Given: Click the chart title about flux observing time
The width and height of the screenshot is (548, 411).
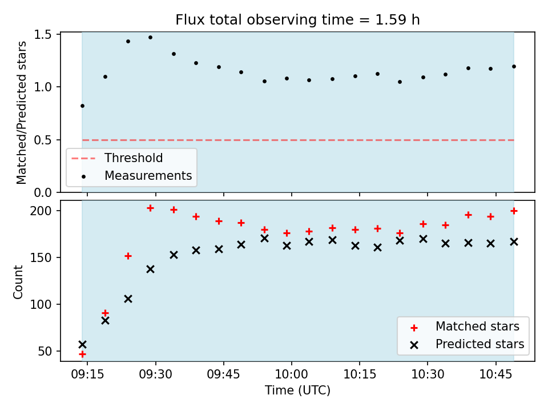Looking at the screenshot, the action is point(297,19).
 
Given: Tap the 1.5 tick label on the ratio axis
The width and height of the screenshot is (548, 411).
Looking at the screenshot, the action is point(43,35).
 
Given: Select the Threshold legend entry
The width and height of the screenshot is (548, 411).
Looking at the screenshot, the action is point(117,158).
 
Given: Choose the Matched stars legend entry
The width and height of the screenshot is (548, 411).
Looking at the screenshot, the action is point(465,327).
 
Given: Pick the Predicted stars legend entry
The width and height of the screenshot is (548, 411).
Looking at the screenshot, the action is point(467,344).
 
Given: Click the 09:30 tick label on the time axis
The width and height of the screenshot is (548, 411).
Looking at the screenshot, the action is point(155,374).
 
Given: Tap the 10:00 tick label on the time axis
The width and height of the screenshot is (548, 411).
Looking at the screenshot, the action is point(292,374).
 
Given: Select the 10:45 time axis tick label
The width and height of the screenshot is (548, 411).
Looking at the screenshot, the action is point(495,374).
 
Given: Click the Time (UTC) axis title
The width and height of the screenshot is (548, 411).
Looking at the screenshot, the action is point(297,390).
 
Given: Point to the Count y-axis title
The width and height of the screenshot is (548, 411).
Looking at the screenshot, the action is point(18,282).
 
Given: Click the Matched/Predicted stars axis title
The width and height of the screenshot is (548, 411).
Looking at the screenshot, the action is point(21,112).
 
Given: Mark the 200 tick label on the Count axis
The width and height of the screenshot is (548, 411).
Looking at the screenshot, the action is point(41,211).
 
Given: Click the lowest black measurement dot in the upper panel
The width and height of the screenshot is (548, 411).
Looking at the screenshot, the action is point(82,106).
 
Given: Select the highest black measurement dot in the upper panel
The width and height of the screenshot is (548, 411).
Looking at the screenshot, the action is point(150,38).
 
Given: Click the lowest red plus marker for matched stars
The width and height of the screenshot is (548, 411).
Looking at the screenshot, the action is point(82,354).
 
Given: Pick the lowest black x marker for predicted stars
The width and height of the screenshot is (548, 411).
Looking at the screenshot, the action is point(82,345).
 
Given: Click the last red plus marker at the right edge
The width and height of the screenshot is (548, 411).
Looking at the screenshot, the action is point(514,211).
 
